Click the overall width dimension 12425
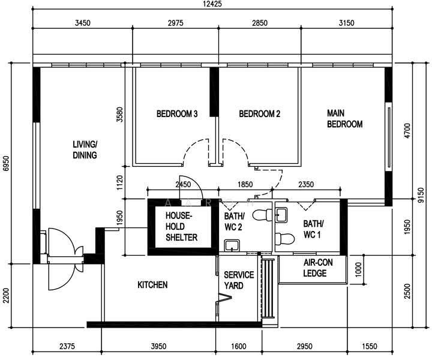coord(212,4)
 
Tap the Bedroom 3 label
coord(177,114)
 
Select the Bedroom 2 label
coord(260,114)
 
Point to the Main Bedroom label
coord(344,119)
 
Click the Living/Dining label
coord(85,150)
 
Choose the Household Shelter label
coord(181,226)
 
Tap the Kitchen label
coord(152,285)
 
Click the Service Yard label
coord(239,280)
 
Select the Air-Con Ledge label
coord(318,268)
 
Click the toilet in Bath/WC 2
coord(262,215)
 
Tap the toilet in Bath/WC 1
coord(285,239)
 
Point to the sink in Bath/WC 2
coord(232,245)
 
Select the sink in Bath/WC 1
coord(281,215)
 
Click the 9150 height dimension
coord(421,195)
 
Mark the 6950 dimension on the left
coord(6,164)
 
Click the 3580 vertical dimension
coord(120,115)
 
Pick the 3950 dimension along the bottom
coord(158,346)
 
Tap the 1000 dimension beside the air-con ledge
coord(358,270)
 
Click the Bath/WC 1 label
coord(313,229)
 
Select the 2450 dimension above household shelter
coord(183,184)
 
